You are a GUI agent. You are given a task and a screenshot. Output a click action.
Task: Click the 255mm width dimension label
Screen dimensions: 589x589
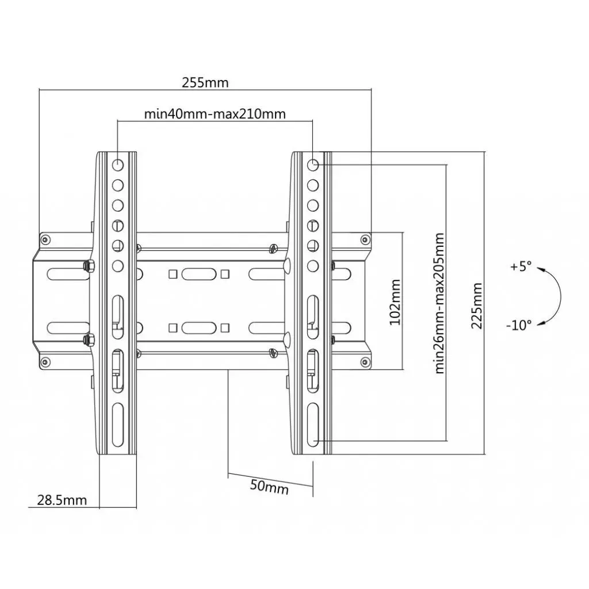205,82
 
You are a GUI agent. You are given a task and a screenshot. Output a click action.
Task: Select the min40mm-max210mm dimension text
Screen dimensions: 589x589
215,114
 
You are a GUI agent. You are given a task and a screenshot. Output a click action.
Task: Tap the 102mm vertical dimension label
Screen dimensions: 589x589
395,302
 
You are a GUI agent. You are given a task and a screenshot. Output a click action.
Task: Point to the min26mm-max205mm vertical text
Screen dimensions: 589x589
440,303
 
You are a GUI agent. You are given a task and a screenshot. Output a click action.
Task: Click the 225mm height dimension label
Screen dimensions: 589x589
477,305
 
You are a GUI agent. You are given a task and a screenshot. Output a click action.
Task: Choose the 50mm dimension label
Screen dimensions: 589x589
269,487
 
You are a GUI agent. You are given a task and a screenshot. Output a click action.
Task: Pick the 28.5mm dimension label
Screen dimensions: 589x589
62,500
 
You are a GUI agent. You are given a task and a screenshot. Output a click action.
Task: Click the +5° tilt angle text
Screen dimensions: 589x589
521,267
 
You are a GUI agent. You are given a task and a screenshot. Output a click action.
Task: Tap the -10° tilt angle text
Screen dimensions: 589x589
519,325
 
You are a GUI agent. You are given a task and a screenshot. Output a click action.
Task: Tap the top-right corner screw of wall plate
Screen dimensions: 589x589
364,239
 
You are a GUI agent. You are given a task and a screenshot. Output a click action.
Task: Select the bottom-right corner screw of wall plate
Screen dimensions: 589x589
364,361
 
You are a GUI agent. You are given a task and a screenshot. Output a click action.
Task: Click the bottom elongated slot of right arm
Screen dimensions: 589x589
313,423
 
